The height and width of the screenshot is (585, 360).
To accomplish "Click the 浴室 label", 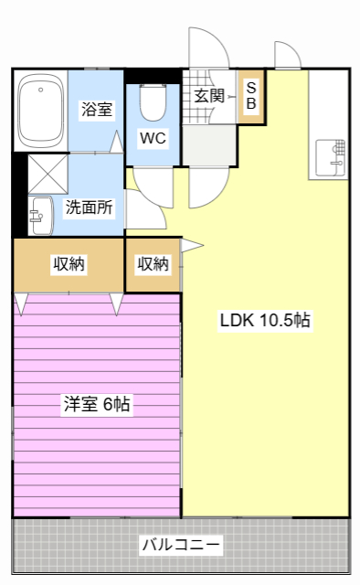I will tap(96, 110).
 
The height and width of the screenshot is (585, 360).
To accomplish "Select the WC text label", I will tap(152, 138).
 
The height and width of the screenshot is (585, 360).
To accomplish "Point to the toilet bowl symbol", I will tap(153, 101).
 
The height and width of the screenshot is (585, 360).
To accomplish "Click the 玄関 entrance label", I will tap(208, 95).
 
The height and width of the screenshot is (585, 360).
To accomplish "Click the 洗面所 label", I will tap(89, 207).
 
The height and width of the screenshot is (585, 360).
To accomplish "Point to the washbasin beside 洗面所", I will tap(41, 214).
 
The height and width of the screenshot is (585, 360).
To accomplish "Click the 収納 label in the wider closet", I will tap(68, 265).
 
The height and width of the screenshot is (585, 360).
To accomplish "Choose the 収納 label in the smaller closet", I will tap(153, 265).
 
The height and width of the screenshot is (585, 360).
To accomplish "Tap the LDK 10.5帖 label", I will tap(264, 321).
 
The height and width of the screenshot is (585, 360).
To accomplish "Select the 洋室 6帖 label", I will tap(96, 404).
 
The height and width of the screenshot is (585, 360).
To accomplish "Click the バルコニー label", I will tap(180, 546).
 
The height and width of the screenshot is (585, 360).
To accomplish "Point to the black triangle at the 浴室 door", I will tap(116, 142).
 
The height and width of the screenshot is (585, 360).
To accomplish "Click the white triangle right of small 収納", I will tap(192, 245).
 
